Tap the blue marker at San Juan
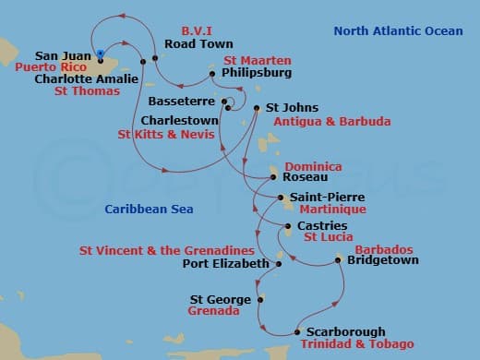click(99, 54)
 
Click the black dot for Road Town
click(155, 58)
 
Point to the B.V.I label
click(196, 30)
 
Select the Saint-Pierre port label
click(314, 197)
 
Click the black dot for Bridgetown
click(339, 261)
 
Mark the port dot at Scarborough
click(297, 331)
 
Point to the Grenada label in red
click(213, 312)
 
